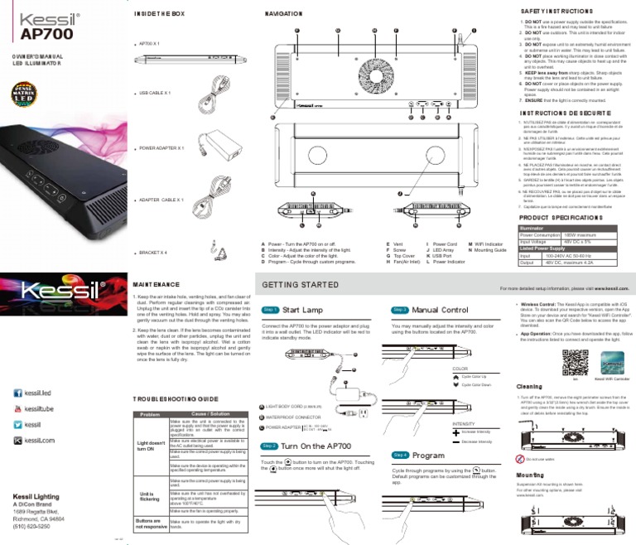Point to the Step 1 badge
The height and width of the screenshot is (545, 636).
(270, 310)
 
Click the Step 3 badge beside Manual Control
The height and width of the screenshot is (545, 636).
(400, 310)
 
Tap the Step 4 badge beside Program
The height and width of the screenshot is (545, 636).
(400, 456)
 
